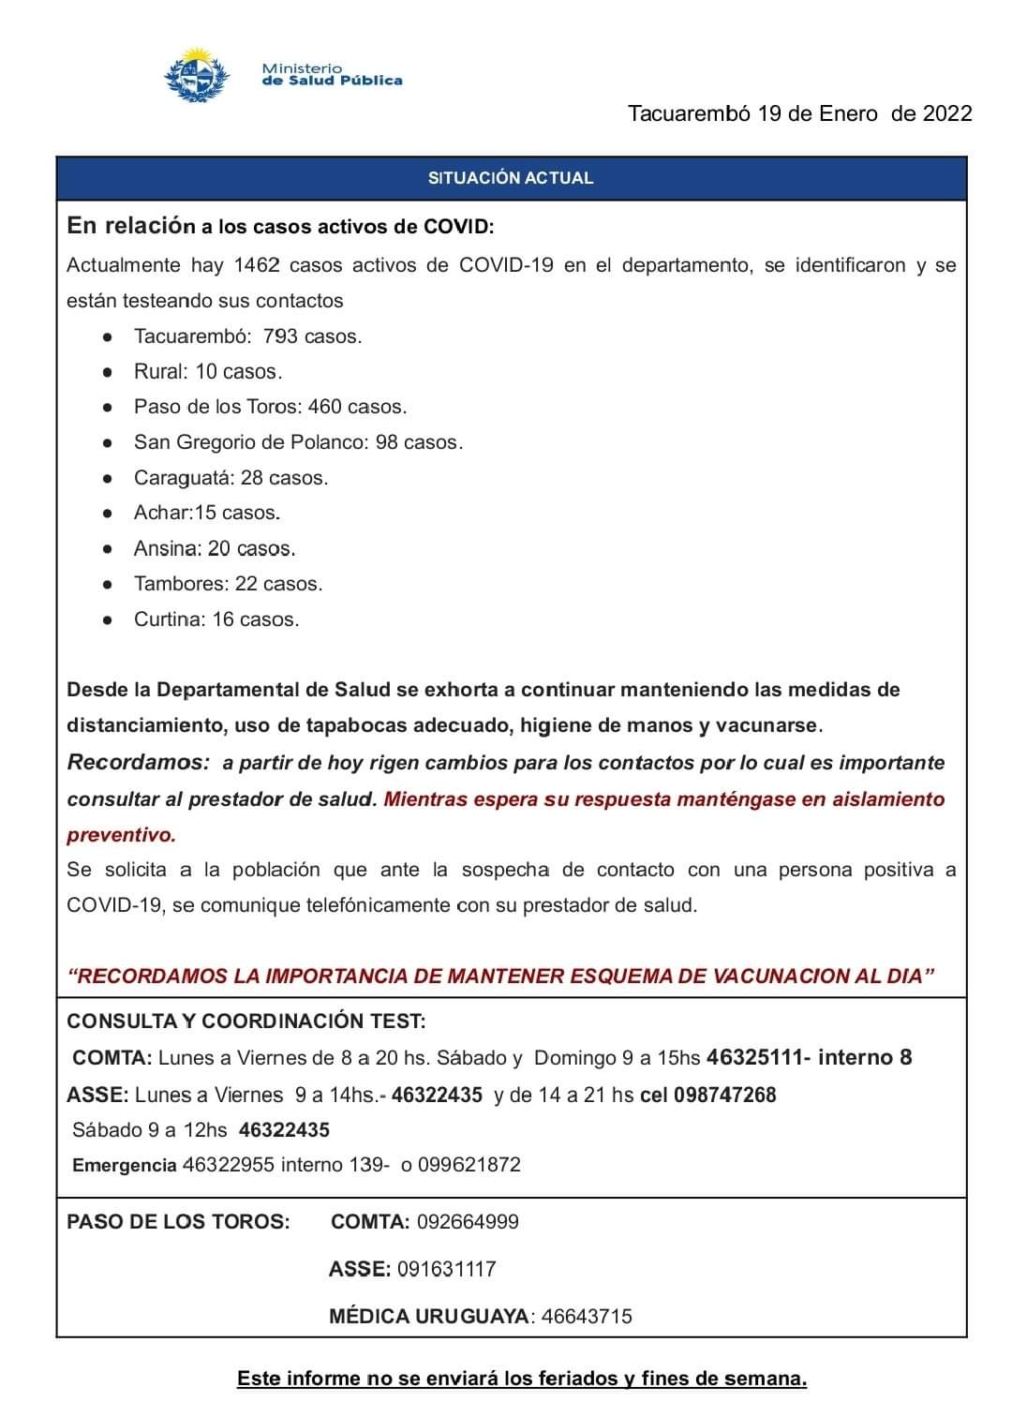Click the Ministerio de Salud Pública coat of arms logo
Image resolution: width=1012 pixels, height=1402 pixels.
click(197, 75)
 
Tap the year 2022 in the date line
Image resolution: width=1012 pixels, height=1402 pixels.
click(947, 114)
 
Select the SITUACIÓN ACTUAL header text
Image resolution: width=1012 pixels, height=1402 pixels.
click(511, 178)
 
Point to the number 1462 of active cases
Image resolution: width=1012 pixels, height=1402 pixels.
click(257, 265)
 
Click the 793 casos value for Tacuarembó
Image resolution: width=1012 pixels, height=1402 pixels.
click(312, 336)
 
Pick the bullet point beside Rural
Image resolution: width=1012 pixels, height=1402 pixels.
click(110, 372)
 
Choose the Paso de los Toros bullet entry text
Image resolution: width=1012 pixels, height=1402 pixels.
click(270, 407)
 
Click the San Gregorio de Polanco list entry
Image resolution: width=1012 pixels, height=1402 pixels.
click(298, 442)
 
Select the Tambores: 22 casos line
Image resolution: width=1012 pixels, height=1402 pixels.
click(228, 584)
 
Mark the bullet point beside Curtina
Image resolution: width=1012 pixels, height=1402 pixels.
click(110, 619)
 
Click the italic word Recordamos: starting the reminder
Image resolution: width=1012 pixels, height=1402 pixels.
click(139, 762)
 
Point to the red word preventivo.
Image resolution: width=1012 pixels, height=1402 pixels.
click(121, 834)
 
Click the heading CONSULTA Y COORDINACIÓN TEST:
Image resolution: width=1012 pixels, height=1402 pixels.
click(246, 1021)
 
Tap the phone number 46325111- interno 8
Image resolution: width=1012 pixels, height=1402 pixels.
click(809, 1057)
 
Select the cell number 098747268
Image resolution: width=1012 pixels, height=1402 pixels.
click(724, 1095)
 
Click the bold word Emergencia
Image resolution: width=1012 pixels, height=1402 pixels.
click(125, 1165)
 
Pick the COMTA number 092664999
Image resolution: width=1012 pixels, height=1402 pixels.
click(468, 1222)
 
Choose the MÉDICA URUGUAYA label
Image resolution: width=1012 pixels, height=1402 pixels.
click(429, 1316)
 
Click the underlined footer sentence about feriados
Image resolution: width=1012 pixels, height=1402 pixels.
click(522, 1379)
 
